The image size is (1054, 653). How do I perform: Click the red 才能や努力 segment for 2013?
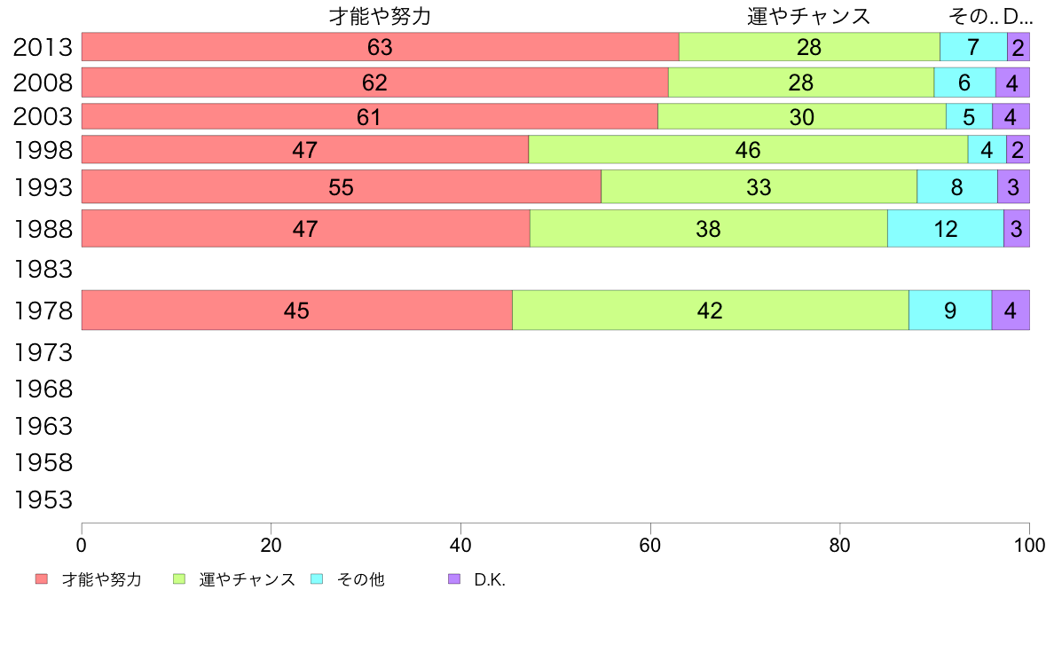pos(380,47)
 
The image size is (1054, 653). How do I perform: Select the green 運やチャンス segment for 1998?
pos(748,150)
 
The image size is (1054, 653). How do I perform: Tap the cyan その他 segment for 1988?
pos(945,229)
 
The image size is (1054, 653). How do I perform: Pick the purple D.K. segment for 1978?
pos(1010,311)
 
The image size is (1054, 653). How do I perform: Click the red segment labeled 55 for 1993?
pos(342,187)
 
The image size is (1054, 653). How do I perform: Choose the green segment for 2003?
pos(801,117)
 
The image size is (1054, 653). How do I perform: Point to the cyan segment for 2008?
pos(964,83)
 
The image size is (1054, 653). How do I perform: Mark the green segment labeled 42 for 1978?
pos(710,311)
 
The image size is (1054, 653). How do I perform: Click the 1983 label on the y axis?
pos(43,268)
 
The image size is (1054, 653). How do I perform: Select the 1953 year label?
pos(43,500)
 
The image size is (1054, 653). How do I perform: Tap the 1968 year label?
pos(43,389)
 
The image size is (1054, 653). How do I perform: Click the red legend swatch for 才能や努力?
pos(42,579)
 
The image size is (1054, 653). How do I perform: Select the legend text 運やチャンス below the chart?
pos(248,580)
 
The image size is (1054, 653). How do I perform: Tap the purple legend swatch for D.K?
pos(454,579)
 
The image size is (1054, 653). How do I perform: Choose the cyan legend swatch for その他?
pos(317,579)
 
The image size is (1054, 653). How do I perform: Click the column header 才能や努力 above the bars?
pos(380,17)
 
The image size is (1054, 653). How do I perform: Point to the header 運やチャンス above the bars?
pos(808,17)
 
